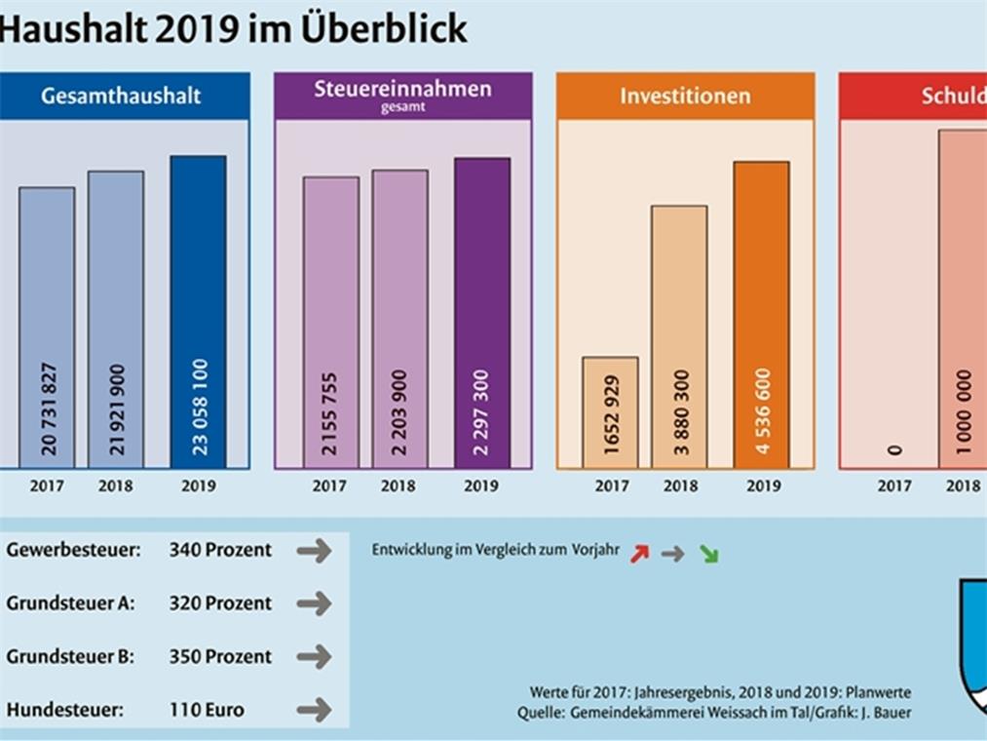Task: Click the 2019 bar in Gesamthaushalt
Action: [x=198, y=312]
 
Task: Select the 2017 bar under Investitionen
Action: [x=611, y=412]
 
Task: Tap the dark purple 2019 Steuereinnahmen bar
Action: [x=482, y=312]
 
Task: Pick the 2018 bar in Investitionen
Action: [x=679, y=336]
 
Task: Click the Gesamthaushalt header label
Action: [x=121, y=96]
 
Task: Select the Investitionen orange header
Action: [x=686, y=96]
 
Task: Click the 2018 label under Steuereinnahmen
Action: [x=399, y=486]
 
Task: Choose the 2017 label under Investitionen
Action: [x=612, y=486]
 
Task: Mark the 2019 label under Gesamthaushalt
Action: [x=198, y=486]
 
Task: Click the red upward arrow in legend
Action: [x=639, y=553]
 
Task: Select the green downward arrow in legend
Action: [x=708, y=555]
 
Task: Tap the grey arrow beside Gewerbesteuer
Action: [x=314, y=551]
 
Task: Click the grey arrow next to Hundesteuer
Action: [x=314, y=710]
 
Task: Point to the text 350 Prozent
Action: [x=220, y=656]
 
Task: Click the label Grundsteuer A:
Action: [x=70, y=603]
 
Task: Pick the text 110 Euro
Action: [x=207, y=710]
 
